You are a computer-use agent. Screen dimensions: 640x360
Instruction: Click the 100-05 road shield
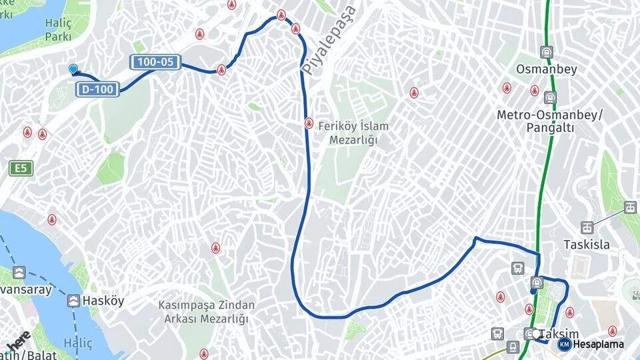[x=155, y=63]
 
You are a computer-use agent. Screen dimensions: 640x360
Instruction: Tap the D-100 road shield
[x=98, y=89]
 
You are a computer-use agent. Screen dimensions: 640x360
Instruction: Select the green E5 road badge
[x=21, y=169]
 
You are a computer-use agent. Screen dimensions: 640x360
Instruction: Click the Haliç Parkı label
[x=57, y=30]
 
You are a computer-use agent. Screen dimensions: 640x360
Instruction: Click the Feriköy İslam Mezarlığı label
[x=353, y=133]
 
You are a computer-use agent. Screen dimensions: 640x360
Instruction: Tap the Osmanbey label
[x=546, y=69]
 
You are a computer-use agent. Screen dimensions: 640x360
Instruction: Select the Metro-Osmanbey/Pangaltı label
[x=549, y=121]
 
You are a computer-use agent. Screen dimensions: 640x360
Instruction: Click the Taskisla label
[x=586, y=245]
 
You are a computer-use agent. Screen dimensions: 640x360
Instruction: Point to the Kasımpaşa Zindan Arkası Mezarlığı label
[x=206, y=312]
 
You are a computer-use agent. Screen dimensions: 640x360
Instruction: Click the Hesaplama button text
[x=598, y=345]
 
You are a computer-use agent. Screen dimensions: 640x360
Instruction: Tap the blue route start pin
[x=73, y=69]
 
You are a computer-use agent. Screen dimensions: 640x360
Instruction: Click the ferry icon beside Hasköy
[x=73, y=301]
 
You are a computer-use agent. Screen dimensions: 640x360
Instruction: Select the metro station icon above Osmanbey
[x=547, y=52]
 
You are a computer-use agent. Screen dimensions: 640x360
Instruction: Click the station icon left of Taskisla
[x=587, y=228]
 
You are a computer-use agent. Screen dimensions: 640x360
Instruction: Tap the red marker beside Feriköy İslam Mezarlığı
[x=309, y=123]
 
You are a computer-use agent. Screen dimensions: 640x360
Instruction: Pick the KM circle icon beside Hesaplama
[x=564, y=344]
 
